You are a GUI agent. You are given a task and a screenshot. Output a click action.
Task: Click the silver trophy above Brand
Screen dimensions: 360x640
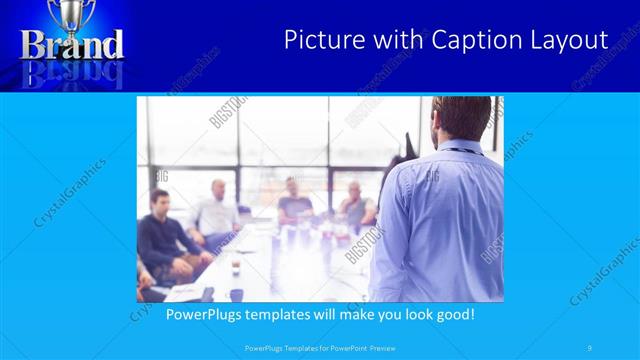(x=72, y=14)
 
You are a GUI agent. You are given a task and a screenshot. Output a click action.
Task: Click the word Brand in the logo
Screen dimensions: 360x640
(x=72, y=45)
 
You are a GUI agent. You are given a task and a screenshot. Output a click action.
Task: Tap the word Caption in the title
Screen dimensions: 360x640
(x=472, y=40)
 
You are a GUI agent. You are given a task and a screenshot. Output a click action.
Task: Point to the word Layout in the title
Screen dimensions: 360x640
(x=570, y=40)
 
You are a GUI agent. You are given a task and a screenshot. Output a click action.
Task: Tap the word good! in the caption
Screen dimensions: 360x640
(x=451, y=314)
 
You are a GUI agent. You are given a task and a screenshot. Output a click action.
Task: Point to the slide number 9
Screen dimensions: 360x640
(x=591, y=348)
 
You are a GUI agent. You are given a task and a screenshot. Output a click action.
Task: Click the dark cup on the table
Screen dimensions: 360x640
(x=236, y=267)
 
